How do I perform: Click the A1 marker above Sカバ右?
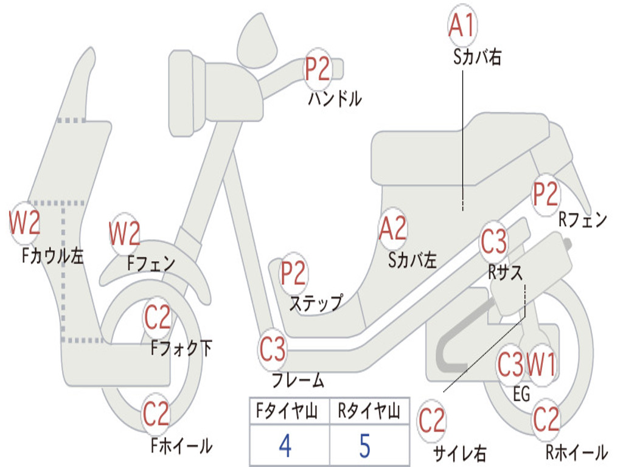(x=462, y=26)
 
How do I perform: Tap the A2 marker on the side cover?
(x=392, y=229)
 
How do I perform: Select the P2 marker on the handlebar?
(x=318, y=69)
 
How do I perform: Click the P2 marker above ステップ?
(x=293, y=274)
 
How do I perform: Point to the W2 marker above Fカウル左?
(x=25, y=223)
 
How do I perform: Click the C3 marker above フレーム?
(x=273, y=350)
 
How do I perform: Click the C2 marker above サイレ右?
(x=432, y=421)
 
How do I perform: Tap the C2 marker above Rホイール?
(x=546, y=419)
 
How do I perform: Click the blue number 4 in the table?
(x=285, y=446)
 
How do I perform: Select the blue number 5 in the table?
(x=364, y=446)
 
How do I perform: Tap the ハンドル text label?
(x=335, y=99)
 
